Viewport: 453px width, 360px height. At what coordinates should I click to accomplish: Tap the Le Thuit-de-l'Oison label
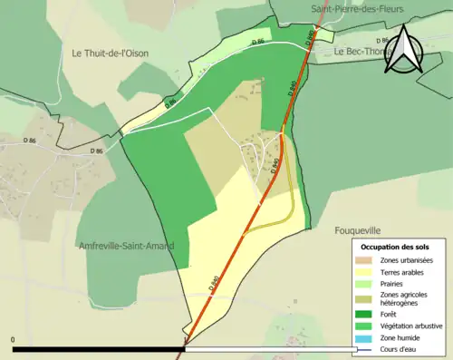pos(110,54)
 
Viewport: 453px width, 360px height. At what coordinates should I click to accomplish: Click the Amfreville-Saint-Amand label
pos(126,246)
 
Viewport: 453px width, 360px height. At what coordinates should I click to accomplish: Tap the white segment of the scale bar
pos(272,349)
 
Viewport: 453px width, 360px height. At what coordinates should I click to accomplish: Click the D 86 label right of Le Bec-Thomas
pos(383,40)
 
